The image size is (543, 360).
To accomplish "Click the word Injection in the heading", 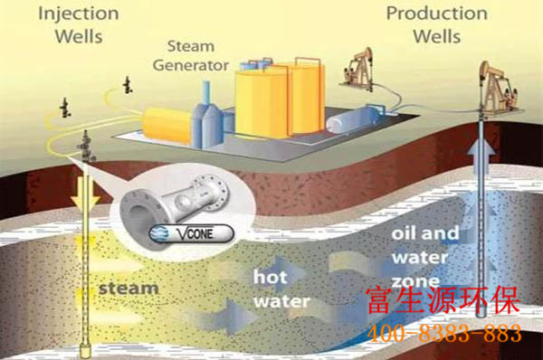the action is click(79, 14).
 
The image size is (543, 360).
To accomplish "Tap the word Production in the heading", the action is click(437, 14).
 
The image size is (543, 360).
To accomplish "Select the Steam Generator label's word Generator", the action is click(191, 65).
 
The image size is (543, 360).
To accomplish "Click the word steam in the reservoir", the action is click(129, 289).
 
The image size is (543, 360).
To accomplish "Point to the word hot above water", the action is click(270, 276).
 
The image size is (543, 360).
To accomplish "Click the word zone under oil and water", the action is click(416, 281).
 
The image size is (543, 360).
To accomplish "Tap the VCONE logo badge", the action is click(192, 233).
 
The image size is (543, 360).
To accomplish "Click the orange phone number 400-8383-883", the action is click(444, 334).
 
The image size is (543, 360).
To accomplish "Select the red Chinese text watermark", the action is click(443, 300).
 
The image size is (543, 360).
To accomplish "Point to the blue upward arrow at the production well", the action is click(481, 155).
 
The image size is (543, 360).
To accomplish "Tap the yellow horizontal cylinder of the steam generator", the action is click(167, 125).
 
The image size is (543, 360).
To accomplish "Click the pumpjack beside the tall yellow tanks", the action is click(358, 70).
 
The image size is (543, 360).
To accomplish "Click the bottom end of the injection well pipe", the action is click(85, 354).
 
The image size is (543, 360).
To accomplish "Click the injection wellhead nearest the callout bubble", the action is click(86, 147).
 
